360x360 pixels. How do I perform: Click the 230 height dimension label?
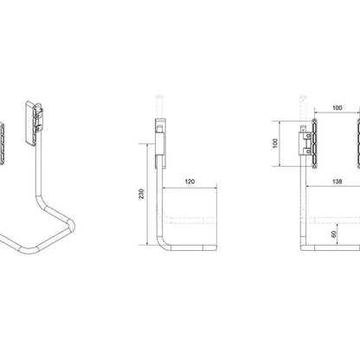(142, 195)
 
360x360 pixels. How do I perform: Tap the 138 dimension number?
(333, 183)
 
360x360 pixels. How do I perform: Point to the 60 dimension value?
(334, 234)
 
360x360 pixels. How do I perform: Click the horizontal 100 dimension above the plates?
(337, 108)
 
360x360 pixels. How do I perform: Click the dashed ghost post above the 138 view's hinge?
(304, 102)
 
